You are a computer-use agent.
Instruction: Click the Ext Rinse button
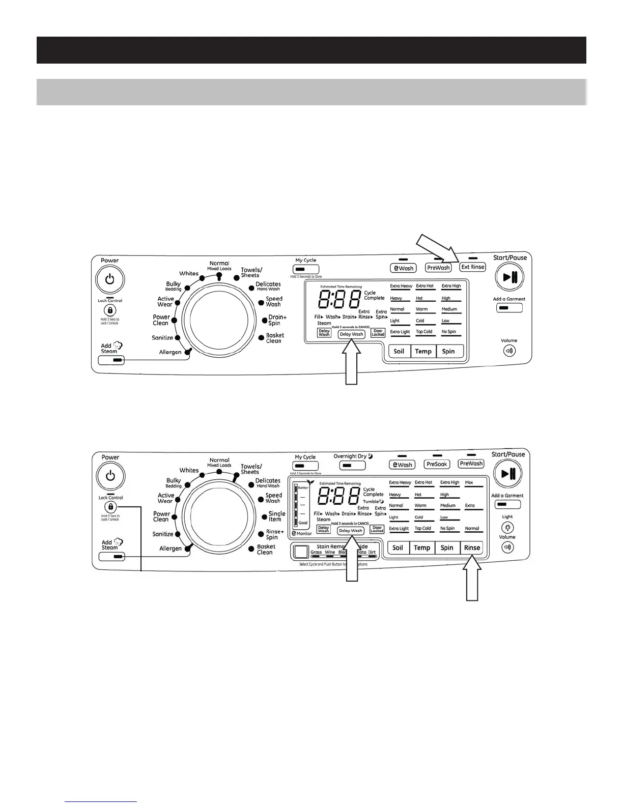(473, 267)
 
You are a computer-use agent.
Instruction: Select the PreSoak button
(437, 465)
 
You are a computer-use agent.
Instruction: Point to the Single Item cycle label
(277, 516)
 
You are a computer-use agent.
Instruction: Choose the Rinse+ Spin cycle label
(275, 534)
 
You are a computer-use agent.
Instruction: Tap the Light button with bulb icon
(507, 528)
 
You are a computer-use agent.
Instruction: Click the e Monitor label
(302, 533)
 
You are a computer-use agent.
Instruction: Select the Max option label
(469, 482)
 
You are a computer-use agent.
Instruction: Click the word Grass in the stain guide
(316, 552)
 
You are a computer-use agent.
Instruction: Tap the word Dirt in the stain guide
(372, 552)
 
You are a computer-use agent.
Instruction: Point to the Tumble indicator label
(372, 501)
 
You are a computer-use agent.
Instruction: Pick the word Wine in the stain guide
(330, 552)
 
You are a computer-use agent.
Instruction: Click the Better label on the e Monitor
(303, 488)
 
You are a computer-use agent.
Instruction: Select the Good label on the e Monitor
(303, 523)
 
